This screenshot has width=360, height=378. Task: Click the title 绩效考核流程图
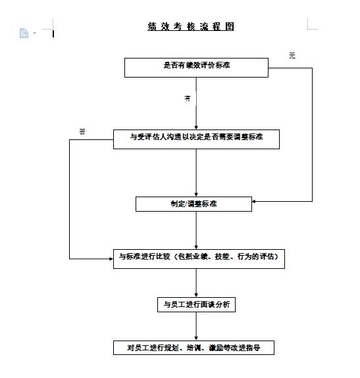click(191, 27)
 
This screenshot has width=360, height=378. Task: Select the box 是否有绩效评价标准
click(196, 67)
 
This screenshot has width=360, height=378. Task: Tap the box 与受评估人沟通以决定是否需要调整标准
click(196, 139)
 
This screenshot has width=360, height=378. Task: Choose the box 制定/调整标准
click(193, 204)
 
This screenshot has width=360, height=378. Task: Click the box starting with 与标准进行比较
click(198, 258)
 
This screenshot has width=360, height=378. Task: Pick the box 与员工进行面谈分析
click(196, 304)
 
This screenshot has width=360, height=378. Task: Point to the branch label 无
click(292, 56)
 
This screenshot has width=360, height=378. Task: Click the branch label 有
click(188, 98)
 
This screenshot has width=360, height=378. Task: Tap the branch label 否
click(82, 131)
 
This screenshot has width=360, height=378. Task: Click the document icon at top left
click(24, 33)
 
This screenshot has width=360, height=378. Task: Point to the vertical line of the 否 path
click(69, 197)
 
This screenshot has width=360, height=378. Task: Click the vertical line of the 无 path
click(312, 131)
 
